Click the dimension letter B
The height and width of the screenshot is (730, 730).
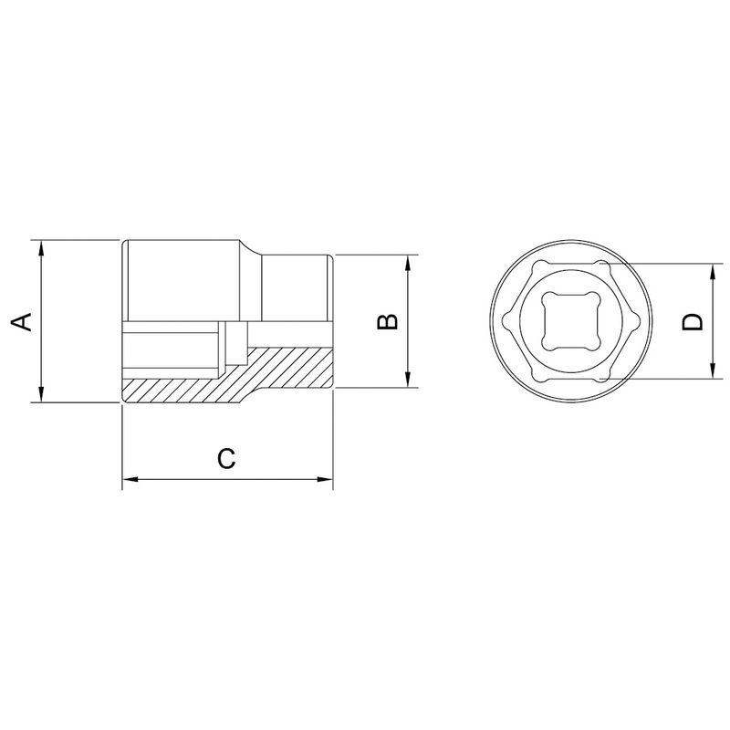(387, 321)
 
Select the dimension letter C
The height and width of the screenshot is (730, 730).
(227, 458)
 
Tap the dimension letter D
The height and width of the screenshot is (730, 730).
(693, 321)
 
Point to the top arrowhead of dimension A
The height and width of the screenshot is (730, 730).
(40, 246)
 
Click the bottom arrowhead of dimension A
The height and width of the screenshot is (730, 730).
(40, 395)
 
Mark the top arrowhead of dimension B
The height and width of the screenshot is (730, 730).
(407, 260)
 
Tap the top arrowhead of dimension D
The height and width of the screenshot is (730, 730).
(712, 271)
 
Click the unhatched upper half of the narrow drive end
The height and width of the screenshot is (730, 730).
(297, 287)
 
